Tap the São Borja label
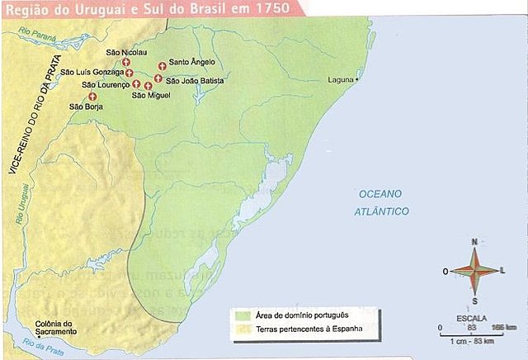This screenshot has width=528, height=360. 87,107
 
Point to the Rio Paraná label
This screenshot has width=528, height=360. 41,36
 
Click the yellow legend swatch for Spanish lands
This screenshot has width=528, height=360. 243,329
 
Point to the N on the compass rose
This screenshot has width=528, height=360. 474,241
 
